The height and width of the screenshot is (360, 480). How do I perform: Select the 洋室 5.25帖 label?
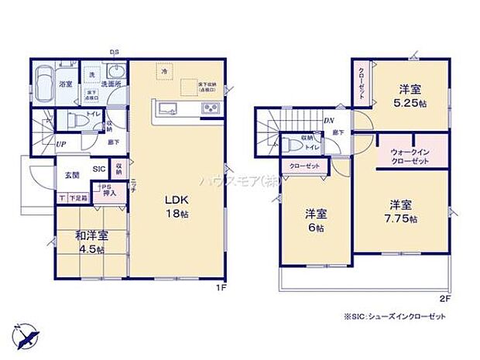click(410, 93)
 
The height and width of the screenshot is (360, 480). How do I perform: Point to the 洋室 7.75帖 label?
click(401, 212)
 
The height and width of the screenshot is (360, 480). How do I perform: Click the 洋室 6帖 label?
click(313, 221)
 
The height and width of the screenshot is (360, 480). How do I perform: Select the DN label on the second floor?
click(328, 120)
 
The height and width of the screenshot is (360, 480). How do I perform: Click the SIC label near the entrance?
click(100, 169)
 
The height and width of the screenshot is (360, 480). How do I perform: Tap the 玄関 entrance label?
click(72, 175)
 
